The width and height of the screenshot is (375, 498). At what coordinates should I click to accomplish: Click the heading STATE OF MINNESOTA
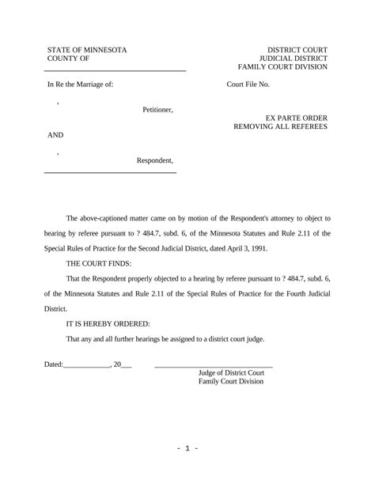click(x=87, y=50)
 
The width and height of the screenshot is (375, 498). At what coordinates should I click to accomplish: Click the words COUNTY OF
click(x=68, y=59)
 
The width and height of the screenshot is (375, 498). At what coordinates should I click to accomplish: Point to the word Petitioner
click(x=158, y=109)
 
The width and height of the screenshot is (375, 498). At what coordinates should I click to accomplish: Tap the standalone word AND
click(x=55, y=135)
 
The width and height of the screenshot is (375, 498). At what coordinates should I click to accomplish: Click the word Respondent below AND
click(x=155, y=161)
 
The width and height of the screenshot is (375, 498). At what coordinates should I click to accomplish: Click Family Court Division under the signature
click(x=231, y=382)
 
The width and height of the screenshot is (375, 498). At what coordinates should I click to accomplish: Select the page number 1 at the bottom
click(x=187, y=448)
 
